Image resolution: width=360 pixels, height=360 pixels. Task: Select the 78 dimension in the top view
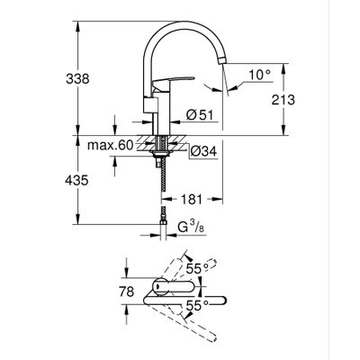point(127,292)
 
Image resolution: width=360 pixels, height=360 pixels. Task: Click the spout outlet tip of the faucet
point(220,78)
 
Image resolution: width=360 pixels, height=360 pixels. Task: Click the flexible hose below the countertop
point(161,189)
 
